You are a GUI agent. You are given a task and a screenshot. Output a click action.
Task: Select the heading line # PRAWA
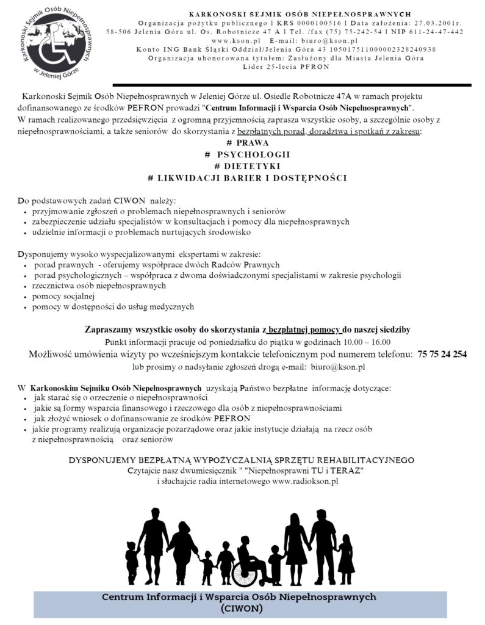click(x=243, y=142)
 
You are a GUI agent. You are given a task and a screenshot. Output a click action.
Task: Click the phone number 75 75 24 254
click(x=442, y=354)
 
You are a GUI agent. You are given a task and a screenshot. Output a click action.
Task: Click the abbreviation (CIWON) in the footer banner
click(x=242, y=609)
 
